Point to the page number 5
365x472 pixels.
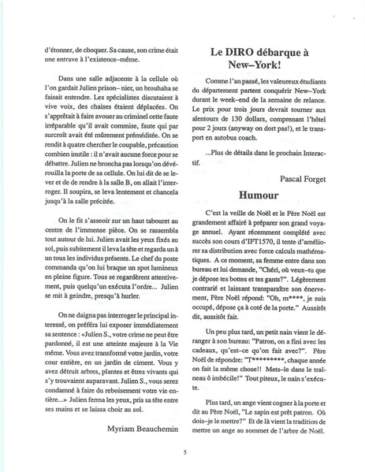click(x=184, y=452)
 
